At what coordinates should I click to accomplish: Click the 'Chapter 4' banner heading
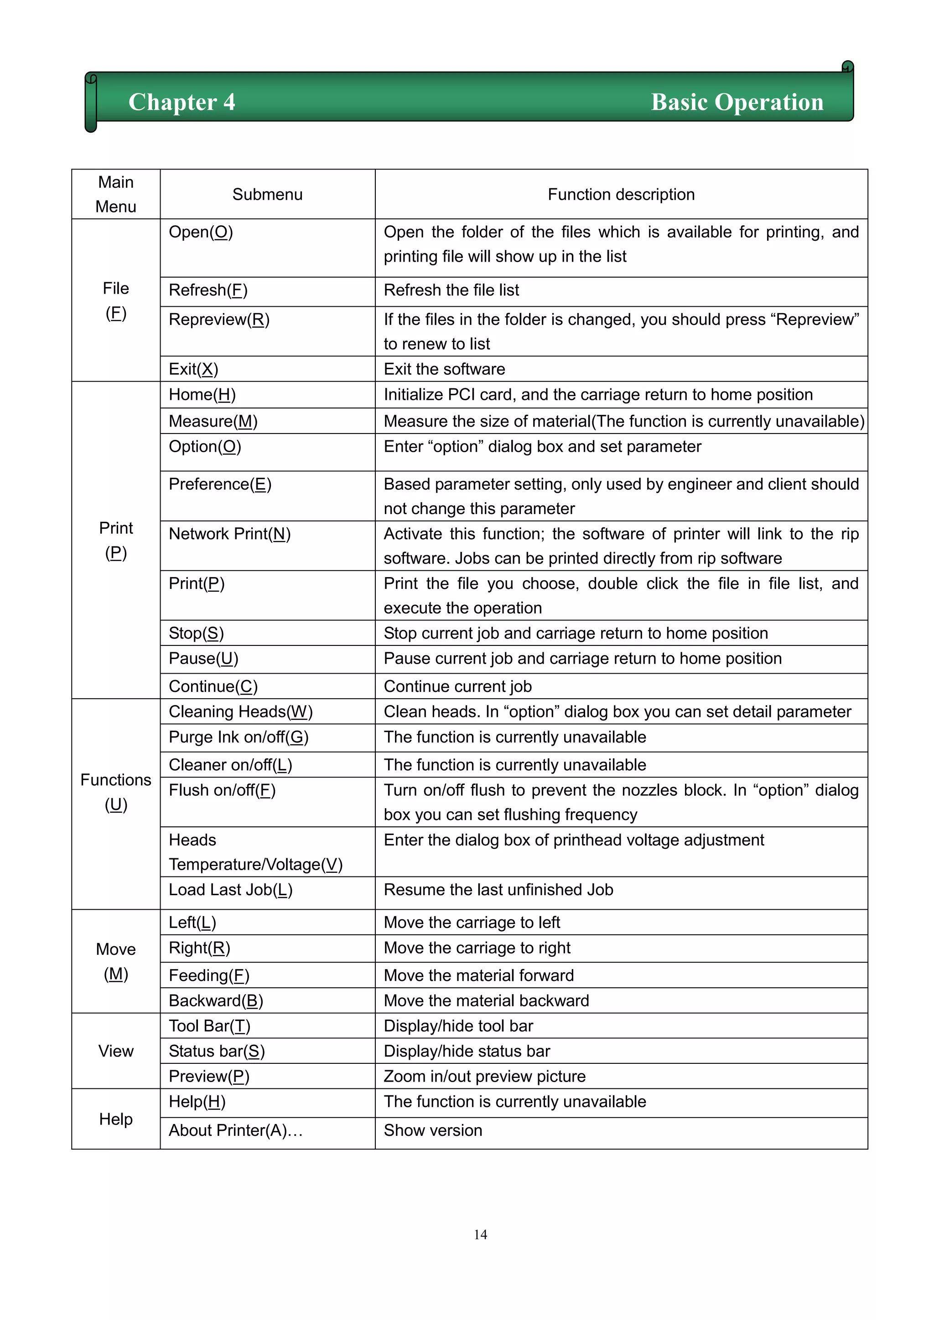182,103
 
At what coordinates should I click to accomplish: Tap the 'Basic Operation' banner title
737,103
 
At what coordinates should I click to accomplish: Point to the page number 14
480,1234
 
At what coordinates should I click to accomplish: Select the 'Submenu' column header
267,194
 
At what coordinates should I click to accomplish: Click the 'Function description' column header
621,194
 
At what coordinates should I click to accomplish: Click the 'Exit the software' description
444,369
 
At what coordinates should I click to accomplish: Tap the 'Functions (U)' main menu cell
115,792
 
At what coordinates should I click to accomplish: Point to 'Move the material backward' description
486,1001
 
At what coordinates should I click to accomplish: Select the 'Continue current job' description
457,686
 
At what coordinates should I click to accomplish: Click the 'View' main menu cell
115,1052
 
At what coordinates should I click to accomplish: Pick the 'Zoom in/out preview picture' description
484,1077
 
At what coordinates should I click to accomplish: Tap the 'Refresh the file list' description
451,290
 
